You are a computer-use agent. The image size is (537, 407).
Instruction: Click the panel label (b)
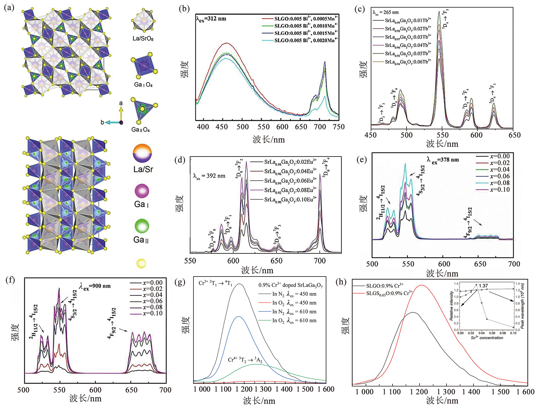(184, 9)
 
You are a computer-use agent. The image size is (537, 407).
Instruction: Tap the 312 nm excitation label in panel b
(211, 19)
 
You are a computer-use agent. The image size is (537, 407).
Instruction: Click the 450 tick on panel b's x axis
(222, 127)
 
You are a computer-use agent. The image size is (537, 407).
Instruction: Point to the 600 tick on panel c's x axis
(476, 135)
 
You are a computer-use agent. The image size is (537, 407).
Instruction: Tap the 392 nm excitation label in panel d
(209, 176)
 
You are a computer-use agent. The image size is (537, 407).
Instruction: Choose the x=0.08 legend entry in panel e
(500, 183)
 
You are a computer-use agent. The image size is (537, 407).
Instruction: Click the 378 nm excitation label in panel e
(443, 160)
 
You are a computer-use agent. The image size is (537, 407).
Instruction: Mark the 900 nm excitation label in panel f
(95, 286)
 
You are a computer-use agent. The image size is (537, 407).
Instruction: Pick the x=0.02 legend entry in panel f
(152, 289)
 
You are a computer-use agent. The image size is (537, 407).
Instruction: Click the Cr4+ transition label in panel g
(245, 360)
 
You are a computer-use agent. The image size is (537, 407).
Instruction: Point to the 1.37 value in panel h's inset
(483, 286)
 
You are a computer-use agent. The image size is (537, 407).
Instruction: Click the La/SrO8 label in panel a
(143, 39)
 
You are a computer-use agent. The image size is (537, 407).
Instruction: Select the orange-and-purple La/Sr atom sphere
(142, 153)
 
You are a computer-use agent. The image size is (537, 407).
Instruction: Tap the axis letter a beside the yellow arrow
(121, 103)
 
